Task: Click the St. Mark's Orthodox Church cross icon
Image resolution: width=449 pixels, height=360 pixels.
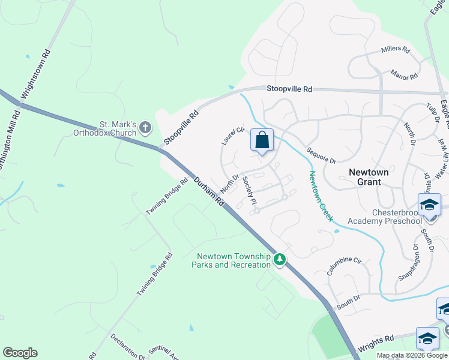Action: (145, 127)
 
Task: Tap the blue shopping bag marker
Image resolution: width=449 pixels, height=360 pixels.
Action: (262, 141)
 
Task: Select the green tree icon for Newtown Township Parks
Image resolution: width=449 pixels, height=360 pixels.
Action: (279, 259)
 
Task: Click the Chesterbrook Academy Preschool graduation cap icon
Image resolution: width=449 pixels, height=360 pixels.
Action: (430, 205)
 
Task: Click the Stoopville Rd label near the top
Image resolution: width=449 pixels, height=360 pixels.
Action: (289, 89)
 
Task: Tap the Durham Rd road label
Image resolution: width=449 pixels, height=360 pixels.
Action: (208, 191)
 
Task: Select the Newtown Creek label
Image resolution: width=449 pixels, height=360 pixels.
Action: (321, 196)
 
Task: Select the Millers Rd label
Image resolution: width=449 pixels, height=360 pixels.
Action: (395, 50)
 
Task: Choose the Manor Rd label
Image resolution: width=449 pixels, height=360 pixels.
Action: (403, 76)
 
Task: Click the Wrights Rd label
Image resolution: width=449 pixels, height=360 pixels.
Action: (375, 344)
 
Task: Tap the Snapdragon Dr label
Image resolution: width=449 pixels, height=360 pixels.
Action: (408, 262)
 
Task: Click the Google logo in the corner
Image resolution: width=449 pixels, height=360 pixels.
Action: (20, 353)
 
